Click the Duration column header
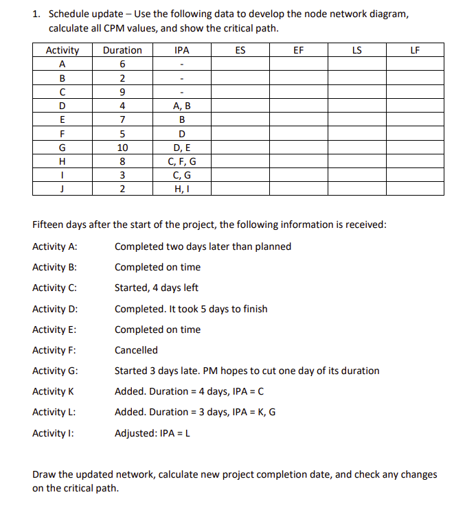tap(122, 50)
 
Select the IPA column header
tap(182, 50)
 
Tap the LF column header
tap(414, 50)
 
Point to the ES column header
tap(240, 50)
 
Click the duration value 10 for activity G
tap(122, 148)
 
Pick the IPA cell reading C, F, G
tap(182, 161)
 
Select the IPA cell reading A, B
tap(182, 106)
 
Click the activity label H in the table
tap(63, 161)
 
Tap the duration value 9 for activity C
tap(122, 92)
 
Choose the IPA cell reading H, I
tap(182, 189)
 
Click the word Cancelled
tap(136, 350)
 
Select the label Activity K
tap(53, 391)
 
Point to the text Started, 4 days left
tap(156, 288)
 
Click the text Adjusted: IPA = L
tap(153, 432)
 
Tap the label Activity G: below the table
tap(55, 371)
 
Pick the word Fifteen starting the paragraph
tap(49, 225)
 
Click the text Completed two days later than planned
tap(203, 246)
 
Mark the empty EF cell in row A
tap(298, 64)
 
